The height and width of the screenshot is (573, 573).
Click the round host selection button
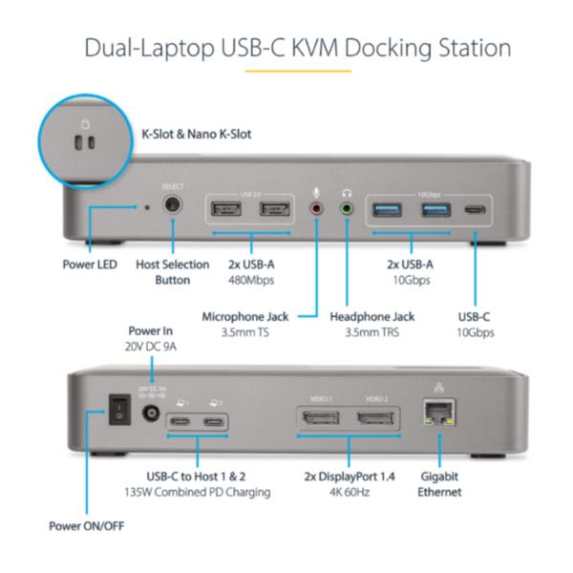pos(174,204)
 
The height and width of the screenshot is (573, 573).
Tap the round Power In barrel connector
pos(149,415)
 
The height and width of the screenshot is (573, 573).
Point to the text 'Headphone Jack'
pos(373,316)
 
